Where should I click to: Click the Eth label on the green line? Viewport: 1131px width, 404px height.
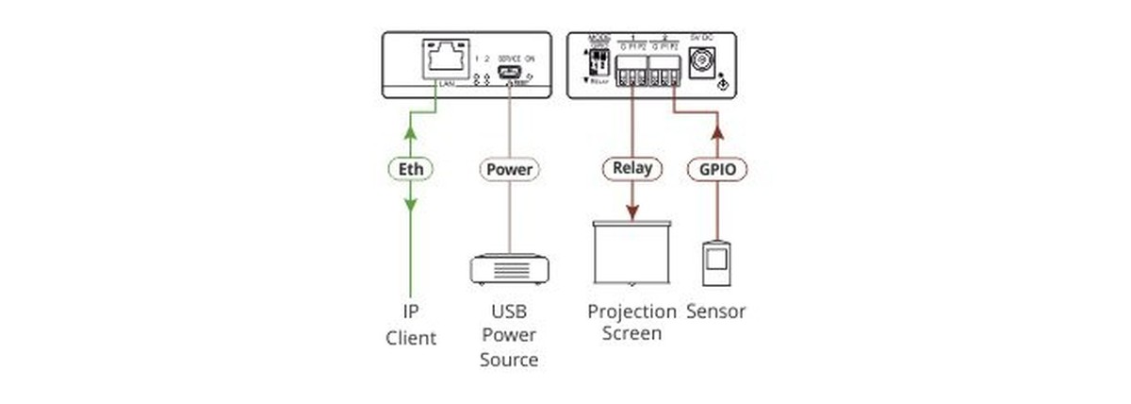[411, 171]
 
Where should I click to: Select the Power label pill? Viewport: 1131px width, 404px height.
[509, 171]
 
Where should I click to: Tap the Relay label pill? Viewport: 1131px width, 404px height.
[631, 169]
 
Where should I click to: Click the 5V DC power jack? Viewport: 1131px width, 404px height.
[701, 63]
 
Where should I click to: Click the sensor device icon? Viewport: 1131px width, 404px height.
[717, 264]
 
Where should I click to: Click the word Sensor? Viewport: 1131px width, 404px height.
[716, 311]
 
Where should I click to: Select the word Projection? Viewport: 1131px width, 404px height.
[632, 311]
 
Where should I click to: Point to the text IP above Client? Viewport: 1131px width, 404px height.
[411, 311]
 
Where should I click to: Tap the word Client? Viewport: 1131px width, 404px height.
[411, 337]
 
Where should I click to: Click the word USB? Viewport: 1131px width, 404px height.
[509, 311]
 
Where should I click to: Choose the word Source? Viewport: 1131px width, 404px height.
[509, 360]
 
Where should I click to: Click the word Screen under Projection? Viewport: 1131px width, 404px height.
[632, 333]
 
